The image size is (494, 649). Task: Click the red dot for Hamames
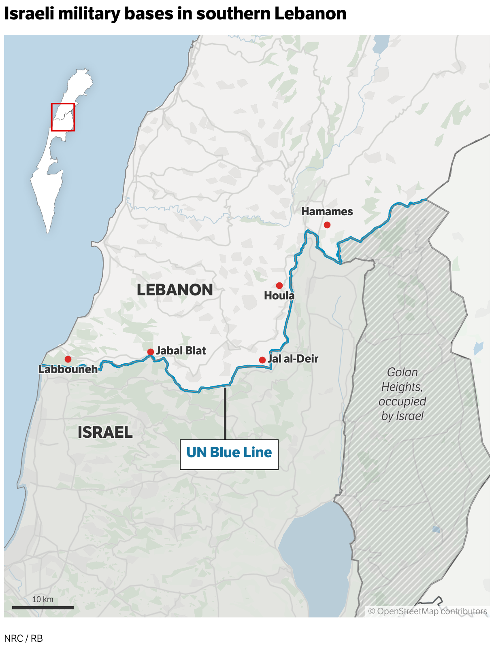(x=327, y=225)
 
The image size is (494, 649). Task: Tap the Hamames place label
(x=327, y=212)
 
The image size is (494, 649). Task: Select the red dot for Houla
(x=279, y=286)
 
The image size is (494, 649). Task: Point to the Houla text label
(x=279, y=296)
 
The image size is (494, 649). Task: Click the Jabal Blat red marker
(x=150, y=352)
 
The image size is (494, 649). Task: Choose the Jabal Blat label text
(x=181, y=351)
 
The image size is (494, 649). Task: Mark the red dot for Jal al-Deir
(x=262, y=360)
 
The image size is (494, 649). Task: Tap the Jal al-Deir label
(x=293, y=359)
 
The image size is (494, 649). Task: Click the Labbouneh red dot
(x=68, y=359)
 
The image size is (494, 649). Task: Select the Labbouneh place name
(x=68, y=369)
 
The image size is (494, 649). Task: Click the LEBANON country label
(x=175, y=290)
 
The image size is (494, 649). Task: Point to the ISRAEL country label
(x=105, y=433)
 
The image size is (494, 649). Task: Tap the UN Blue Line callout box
(x=229, y=454)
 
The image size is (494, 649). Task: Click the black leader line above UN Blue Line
(x=225, y=413)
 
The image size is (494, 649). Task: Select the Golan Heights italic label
(x=402, y=394)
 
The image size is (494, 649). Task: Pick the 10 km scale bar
(x=43, y=607)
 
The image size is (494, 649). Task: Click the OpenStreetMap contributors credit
(x=428, y=611)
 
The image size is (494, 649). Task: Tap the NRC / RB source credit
(x=23, y=638)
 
